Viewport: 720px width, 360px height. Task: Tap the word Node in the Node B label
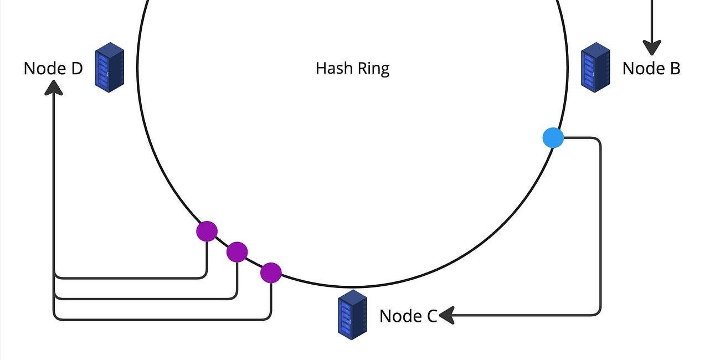(642, 69)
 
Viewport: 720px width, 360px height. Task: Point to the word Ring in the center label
(373, 69)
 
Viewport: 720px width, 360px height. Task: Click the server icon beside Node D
(109, 67)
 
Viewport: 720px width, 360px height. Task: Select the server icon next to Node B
(595, 67)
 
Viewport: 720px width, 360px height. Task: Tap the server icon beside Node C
(352, 314)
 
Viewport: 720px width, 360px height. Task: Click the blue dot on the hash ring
(553, 137)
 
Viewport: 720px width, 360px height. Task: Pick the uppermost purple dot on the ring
(207, 231)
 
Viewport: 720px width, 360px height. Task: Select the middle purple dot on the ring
(237, 252)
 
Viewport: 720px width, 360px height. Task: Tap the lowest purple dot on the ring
(271, 272)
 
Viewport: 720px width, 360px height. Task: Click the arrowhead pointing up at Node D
(54, 87)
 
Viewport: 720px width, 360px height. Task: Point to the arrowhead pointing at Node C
(446, 316)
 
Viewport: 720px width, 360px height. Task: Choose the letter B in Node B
(674, 69)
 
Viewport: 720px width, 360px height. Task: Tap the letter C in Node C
(431, 316)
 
